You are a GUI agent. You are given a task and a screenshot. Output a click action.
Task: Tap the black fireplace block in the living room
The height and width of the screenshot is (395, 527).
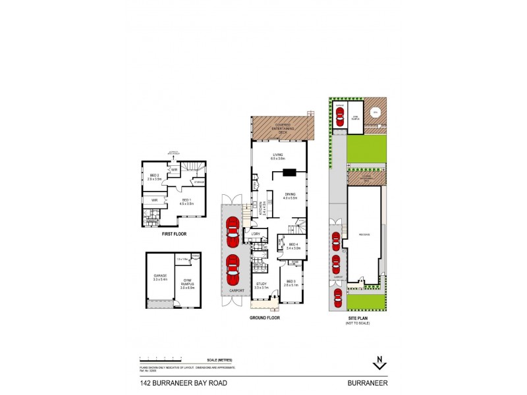[x=289, y=174]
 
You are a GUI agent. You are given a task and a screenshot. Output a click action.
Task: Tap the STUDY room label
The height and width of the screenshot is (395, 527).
[x=262, y=284]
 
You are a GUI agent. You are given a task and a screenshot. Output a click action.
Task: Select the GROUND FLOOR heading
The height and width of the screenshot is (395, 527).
[x=265, y=318]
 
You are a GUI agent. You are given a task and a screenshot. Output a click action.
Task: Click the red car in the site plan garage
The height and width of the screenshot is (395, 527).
[x=340, y=117]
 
